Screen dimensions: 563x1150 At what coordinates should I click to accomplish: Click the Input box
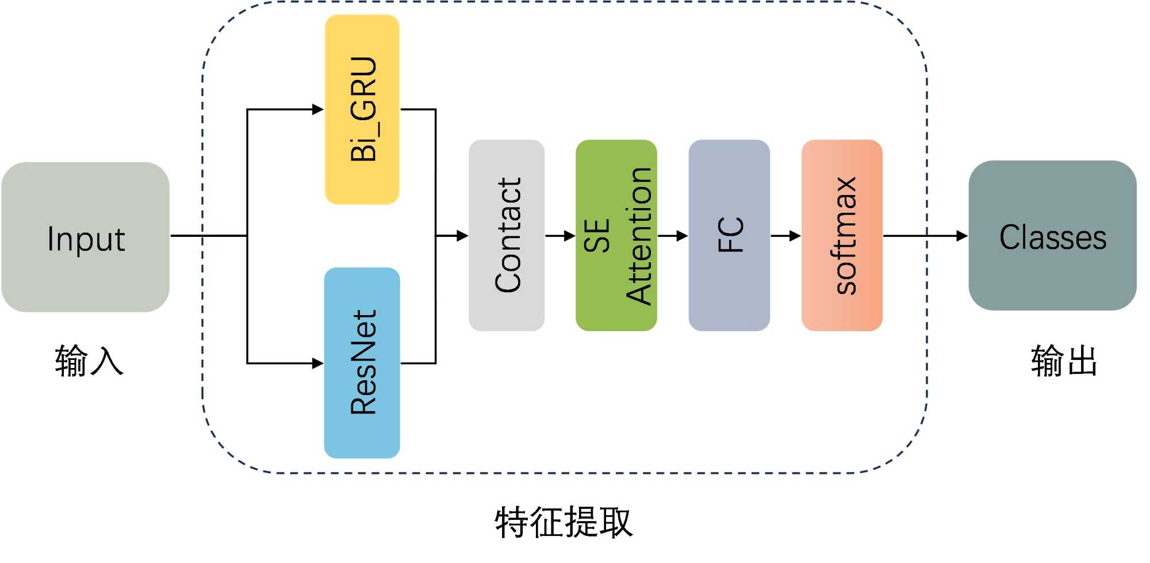click(85, 237)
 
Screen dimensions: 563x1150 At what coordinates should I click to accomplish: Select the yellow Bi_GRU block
click(362, 109)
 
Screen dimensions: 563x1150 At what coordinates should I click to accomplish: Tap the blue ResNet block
click(362, 363)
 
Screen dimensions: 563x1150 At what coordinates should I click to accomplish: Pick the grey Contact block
click(507, 235)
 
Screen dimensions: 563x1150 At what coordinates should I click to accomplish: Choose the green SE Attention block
click(616, 235)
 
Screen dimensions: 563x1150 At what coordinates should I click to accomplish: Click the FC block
click(729, 235)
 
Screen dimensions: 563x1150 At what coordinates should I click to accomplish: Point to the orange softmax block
click(842, 235)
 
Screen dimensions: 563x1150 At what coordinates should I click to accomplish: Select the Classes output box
click(1052, 236)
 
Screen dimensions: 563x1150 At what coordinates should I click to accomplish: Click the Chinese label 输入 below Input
click(89, 361)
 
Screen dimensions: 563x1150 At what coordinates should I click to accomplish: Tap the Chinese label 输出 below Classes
click(1064, 361)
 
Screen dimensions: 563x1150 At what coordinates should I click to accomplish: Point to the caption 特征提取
click(563, 522)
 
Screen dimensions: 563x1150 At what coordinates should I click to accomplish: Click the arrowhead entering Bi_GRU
click(317, 109)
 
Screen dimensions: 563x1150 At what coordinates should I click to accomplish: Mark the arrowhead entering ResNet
click(317, 363)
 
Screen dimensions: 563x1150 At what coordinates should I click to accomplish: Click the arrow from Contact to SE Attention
click(560, 236)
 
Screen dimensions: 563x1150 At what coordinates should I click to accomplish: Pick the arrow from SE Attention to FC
click(673, 236)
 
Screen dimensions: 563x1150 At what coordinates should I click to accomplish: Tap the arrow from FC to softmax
click(785, 236)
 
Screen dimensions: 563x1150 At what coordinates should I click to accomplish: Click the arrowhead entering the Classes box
click(961, 236)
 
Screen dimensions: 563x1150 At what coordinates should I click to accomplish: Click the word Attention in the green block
click(639, 236)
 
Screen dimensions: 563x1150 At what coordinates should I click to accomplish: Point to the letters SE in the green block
click(597, 236)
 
